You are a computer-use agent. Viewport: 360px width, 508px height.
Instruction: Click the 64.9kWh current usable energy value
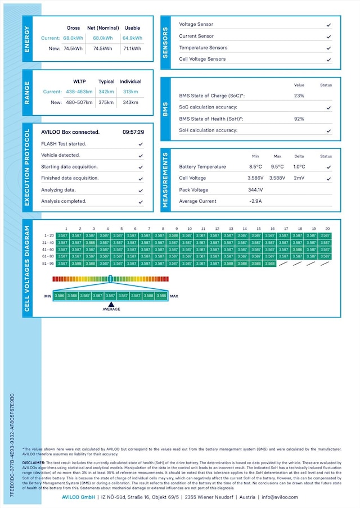pyautogui.click(x=132, y=38)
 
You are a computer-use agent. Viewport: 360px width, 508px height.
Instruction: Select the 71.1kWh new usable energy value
pyautogui.click(x=132, y=49)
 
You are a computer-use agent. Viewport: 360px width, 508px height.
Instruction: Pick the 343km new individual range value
pyautogui.click(x=130, y=102)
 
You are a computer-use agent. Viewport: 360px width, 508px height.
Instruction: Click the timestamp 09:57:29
pyautogui.click(x=133, y=132)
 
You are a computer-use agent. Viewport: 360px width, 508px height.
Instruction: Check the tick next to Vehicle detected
pyautogui.click(x=140, y=155)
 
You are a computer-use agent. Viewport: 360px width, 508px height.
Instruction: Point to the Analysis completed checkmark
pyautogui.click(x=140, y=201)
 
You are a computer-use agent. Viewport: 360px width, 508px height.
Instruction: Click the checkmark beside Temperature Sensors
pyautogui.click(x=328, y=48)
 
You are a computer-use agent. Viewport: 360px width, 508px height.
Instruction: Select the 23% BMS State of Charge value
pyautogui.click(x=299, y=96)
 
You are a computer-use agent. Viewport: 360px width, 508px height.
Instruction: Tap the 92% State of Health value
pyautogui.click(x=299, y=119)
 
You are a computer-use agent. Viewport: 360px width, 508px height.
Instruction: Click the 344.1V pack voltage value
pyautogui.click(x=256, y=190)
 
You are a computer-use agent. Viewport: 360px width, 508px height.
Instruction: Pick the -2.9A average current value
pyautogui.click(x=256, y=201)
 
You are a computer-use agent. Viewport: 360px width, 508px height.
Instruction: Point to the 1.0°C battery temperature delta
pyautogui.click(x=299, y=167)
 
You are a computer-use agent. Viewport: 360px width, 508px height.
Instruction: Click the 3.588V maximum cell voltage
pyautogui.click(x=277, y=178)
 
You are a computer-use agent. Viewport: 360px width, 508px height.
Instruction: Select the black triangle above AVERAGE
pyautogui.click(x=111, y=303)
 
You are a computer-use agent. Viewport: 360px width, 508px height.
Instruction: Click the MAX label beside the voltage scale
pyautogui.click(x=174, y=296)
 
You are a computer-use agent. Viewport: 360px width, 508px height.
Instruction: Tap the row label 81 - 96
pyautogui.click(x=49, y=263)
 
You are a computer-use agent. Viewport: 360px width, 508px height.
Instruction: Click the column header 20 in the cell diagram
pyautogui.click(x=327, y=229)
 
